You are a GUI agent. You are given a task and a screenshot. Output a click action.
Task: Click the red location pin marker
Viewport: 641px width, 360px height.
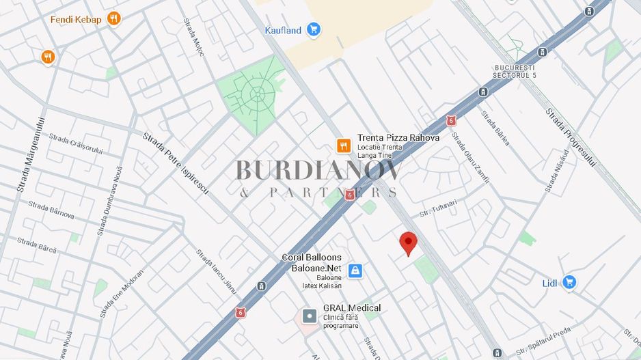pos(408,243)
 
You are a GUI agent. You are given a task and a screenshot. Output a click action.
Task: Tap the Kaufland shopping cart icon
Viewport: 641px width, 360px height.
pos(313,29)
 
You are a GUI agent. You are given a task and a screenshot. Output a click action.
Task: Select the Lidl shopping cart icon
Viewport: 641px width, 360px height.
pos(569,281)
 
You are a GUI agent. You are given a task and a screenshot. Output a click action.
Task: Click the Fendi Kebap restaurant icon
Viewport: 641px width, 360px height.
pos(113,19)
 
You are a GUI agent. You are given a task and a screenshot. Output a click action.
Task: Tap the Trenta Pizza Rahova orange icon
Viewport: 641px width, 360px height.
pos(343,146)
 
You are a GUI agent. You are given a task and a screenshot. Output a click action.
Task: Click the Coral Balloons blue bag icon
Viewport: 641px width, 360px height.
pos(355,271)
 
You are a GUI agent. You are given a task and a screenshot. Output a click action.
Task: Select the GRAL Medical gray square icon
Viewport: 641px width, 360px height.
pos(310,316)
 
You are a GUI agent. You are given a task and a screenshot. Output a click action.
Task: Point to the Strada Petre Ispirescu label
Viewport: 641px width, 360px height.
pos(176,163)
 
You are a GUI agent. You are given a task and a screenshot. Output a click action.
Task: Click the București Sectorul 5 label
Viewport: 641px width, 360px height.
pos(515,71)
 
